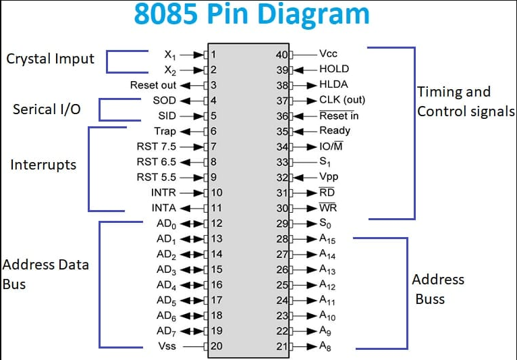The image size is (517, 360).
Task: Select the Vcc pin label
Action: [x=328, y=53]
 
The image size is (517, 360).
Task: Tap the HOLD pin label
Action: [x=333, y=69]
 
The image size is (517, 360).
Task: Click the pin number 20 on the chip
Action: [x=217, y=346]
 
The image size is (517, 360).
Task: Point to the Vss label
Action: [x=166, y=346]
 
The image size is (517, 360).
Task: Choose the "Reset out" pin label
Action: [x=153, y=85]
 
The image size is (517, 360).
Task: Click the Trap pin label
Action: [x=165, y=131]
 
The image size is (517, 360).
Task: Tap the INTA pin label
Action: [x=163, y=208]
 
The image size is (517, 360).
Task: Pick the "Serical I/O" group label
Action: [x=46, y=109]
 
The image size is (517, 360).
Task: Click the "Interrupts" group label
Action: [x=43, y=165]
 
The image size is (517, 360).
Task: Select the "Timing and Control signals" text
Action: [x=466, y=101]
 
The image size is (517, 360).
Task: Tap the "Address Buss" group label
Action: [x=438, y=289]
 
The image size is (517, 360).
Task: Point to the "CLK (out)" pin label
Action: [x=342, y=100]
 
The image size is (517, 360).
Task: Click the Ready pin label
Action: [x=334, y=131]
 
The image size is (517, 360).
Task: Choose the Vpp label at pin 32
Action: [x=329, y=177]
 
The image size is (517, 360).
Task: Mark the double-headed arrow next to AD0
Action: [x=192, y=224]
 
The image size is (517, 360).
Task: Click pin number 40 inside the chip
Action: [x=283, y=54]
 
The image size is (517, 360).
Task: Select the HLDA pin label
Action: [x=333, y=85]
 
